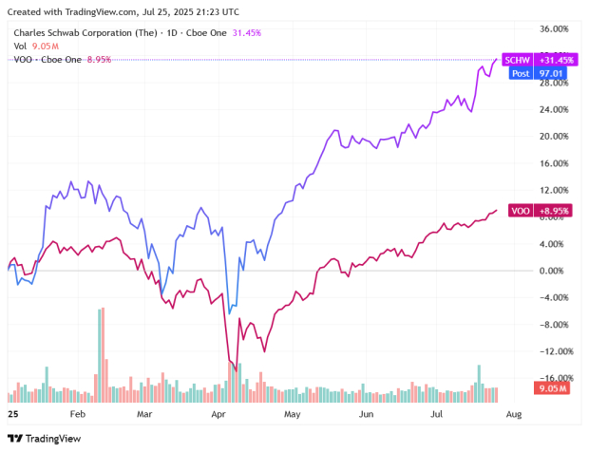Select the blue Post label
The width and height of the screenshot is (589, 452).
tap(520, 72)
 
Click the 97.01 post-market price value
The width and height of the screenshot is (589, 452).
tap(551, 72)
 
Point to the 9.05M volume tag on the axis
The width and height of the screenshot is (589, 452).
tap(552, 387)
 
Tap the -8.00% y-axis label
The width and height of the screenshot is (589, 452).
tap(552, 324)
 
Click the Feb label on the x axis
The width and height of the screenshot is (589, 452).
tap(78, 415)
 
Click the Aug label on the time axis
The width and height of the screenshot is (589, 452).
tap(513, 415)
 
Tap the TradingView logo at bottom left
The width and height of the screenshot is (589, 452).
tap(45, 438)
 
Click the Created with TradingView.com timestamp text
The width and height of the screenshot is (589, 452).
tap(123, 11)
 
